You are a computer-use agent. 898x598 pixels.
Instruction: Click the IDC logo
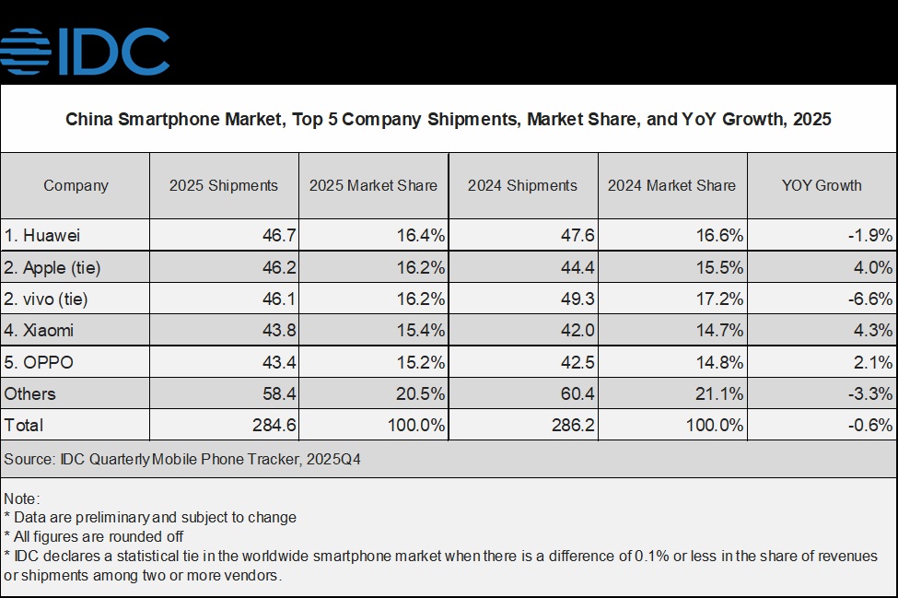click(86, 51)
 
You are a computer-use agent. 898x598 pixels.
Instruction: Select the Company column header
click(76, 185)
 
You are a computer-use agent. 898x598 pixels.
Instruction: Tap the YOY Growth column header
click(822, 185)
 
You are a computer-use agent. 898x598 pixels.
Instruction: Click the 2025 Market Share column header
click(373, 185)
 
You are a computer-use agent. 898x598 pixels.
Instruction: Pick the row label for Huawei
click(42, 236)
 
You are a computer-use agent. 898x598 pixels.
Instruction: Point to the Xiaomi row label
click(39, 330)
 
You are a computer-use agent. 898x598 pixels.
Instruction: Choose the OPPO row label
click(39, 362)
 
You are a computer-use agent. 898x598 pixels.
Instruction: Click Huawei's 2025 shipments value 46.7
click(278, 236)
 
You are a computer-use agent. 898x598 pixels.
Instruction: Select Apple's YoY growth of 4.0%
click(873, 268)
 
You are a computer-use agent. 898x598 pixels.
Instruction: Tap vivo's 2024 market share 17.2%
click(722, 299)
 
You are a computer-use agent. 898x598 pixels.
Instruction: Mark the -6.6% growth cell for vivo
click(870, 299)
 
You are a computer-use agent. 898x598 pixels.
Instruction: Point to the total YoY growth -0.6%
click(870, 425)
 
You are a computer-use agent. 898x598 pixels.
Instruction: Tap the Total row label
click(24, 425)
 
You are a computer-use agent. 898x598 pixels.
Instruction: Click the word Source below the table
click(26, 459)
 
